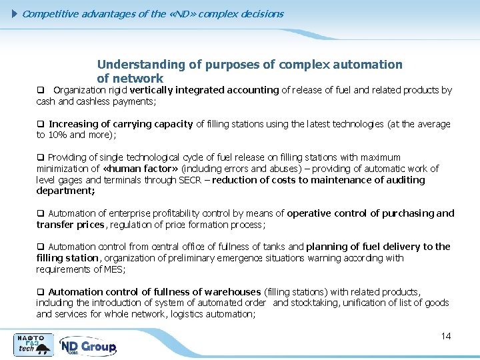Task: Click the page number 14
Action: point(446,336)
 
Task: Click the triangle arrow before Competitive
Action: point(16,13)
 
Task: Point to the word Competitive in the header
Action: point(51,13)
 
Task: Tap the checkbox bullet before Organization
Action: point(40,90)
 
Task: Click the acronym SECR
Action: point(191,180)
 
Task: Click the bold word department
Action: point(65,191)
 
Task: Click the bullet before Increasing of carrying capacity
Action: point(40,124)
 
